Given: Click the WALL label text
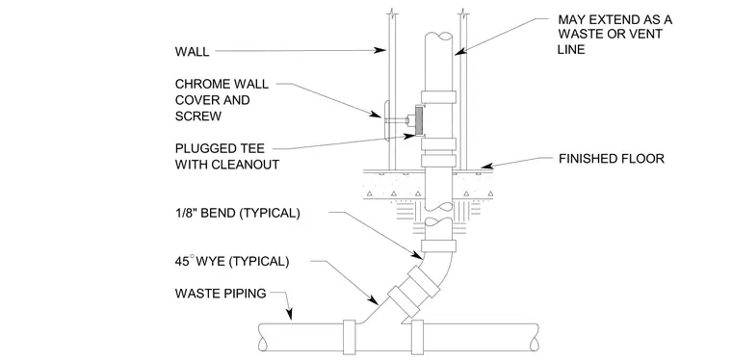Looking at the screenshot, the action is click(192, 51).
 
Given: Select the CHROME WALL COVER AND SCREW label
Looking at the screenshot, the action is click(222, 100).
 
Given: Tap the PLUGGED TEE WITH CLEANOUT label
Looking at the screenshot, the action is click(227, 156).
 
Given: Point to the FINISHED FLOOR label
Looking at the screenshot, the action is click(611, 159).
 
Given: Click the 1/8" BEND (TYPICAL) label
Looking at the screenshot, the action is click(237, 213).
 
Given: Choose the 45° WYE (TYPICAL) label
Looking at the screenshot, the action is click(232, 261).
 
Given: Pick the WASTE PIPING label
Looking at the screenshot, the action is click(221, 294).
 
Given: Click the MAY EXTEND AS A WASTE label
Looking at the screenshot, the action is click(614, 27).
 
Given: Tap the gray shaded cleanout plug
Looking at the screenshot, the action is click(419, 119).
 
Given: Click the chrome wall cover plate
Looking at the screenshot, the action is click(386, 120).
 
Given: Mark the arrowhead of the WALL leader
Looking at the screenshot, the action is click(381, 50).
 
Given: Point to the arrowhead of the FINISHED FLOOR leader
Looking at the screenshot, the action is click(487, 166).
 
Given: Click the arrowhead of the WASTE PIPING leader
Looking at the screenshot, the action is click(290, 315).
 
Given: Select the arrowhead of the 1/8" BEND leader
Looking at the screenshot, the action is click(418, 255).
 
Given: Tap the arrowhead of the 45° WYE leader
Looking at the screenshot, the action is click(374, 299).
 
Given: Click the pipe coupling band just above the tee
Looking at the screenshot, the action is click(438, 97).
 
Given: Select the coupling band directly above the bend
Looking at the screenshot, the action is click(438, 245).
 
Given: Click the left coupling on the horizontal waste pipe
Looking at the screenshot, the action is click(350, 337).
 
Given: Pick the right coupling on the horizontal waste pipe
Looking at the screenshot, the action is click(417, 337).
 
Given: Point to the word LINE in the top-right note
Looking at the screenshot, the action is click(571, 49).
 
